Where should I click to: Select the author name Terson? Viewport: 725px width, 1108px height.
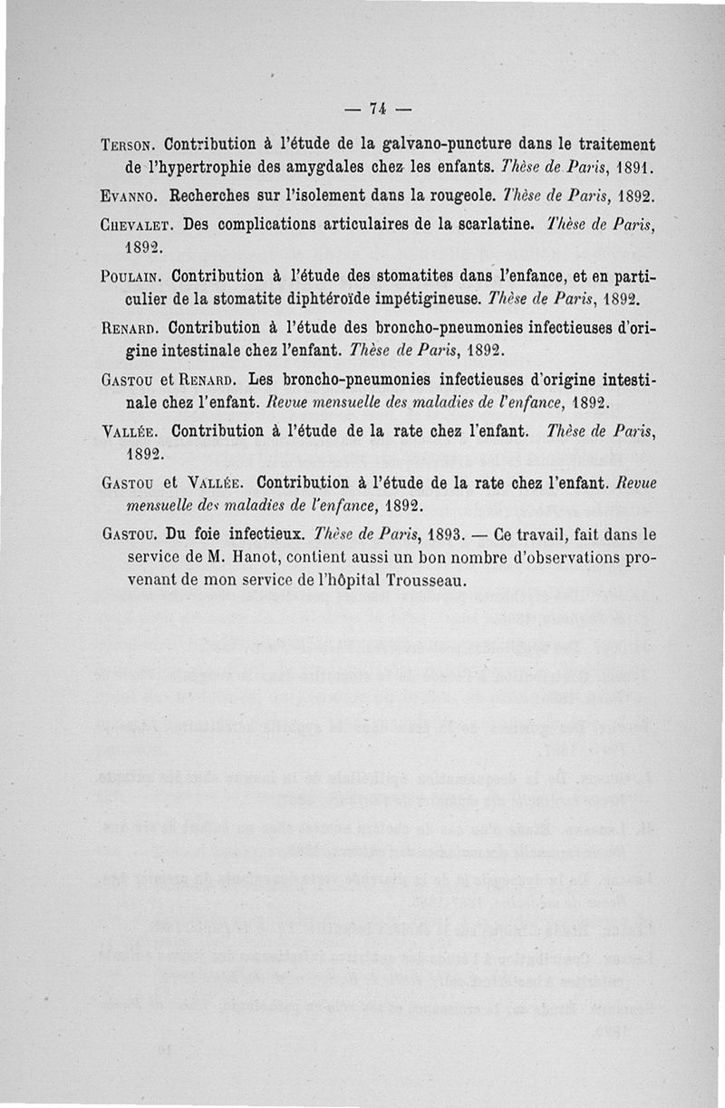click(130, 145)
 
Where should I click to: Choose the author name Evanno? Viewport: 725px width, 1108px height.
click(129, 196)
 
